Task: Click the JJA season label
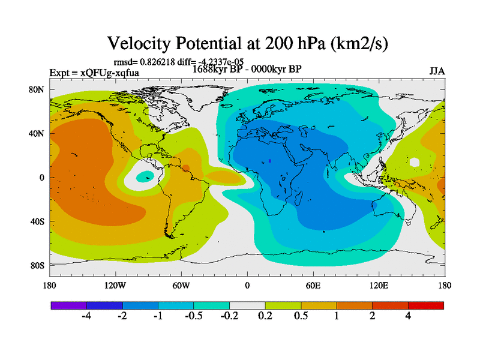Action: (437, 71)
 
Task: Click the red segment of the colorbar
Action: (426, 305)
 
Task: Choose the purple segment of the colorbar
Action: (68, 305)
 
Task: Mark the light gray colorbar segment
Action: (247, 305)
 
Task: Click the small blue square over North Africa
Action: (271, 161)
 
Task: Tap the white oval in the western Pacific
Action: (414, 162)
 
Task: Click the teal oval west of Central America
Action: (145, 176)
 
